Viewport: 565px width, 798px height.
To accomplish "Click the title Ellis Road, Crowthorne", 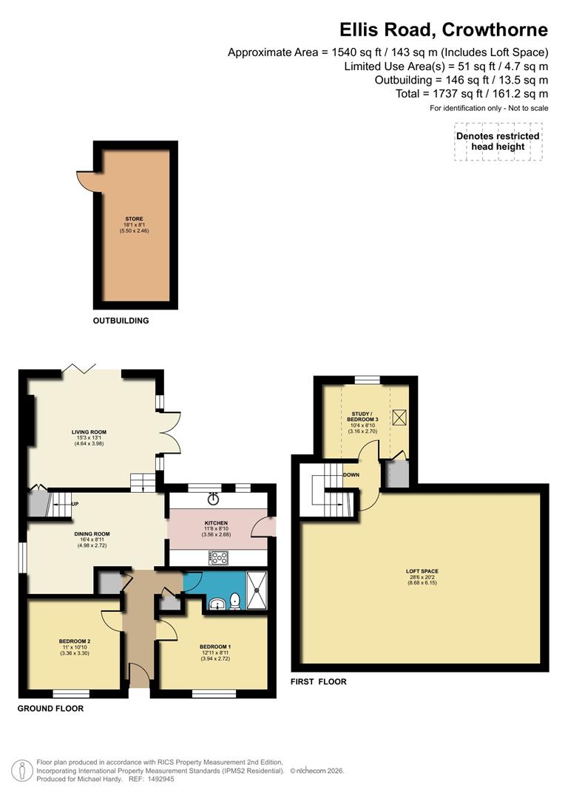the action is (444, 30).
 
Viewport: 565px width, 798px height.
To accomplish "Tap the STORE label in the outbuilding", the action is (135, 219).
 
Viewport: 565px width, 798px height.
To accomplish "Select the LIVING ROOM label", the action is (89, 432).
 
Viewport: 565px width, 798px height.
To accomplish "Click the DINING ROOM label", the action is (92, 534).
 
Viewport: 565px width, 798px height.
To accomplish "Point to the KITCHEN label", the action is (216, 523).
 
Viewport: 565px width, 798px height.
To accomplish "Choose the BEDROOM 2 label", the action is (75, 641).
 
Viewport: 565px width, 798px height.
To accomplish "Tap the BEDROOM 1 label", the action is (215, 647).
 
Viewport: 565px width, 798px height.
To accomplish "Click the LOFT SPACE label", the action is (422, 571).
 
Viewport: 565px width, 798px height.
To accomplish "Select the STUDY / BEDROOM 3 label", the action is (363, 416).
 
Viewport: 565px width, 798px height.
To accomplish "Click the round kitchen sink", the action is (214, 499).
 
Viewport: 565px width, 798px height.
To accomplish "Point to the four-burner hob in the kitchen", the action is (219, 558).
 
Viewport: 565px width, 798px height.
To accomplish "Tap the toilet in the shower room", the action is (235, 601).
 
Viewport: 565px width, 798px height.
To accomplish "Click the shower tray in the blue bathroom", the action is (257, 590).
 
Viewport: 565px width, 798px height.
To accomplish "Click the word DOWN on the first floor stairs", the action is (351, 475).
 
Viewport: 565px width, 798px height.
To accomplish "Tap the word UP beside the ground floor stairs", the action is (75, 505).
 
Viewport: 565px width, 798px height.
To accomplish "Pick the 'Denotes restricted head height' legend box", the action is (498, 142).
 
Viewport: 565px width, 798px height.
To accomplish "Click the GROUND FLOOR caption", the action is (50, 709).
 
